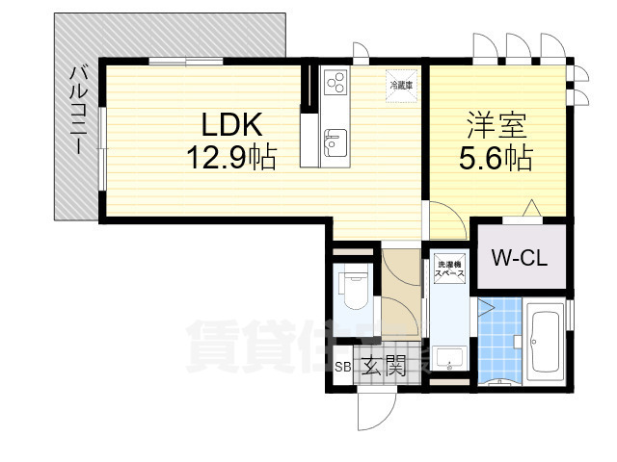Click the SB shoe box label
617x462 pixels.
coord(342,367)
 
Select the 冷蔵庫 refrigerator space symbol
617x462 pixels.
coord(400,85)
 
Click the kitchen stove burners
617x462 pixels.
coord(335,85)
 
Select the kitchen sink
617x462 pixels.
coord(334,144)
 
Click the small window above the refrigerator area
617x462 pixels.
coord(361,53)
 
